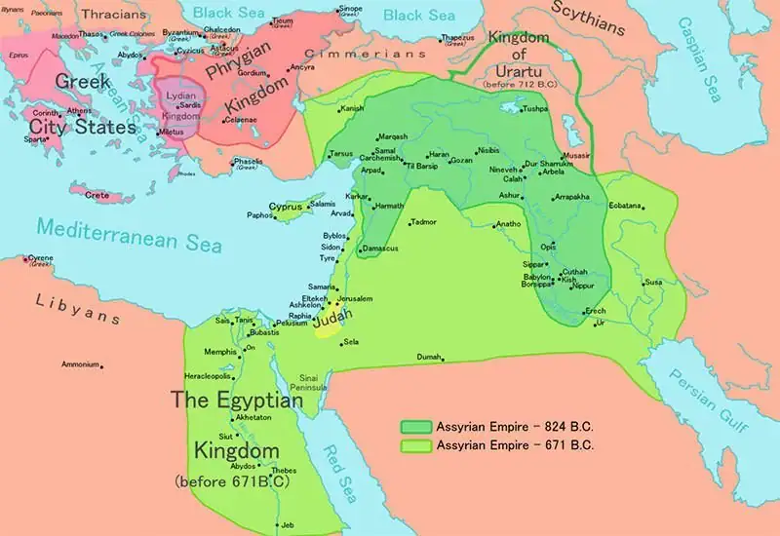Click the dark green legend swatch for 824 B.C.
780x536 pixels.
[415, 427]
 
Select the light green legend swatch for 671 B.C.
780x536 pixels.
[415, 444]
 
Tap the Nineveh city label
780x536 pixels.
[501, 169]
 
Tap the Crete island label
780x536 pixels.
[97, 195]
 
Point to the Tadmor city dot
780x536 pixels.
[410, 224]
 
